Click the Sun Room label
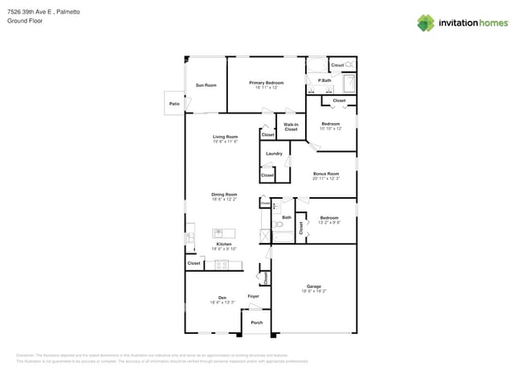pyautogui.click(x=206, y=85)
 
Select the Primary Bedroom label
pyautogui.click(x=266, y=83)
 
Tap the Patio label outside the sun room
pyautogui.click(x=174, y=104)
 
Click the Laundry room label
pyautogui.click(x=274, y=153)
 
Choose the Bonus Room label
pyautogui.click(x=326, y=174)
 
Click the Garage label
pyautogui.click(x=313, y=286)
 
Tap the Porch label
pyautogui.click(x=257, y=323)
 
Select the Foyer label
pyautogui.click(x=253, y=297)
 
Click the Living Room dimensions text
pyautogui.click(x=225, y=142)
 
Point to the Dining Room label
pyautogui.click(x=224, y=194)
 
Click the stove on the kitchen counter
pyautogui.click(x=222, y=264)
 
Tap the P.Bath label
pyautogui.click(x=324, y=80)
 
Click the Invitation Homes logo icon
pyautogui.click(x=426, y=23)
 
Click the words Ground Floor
pyautogui.click(x=24, y=21)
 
